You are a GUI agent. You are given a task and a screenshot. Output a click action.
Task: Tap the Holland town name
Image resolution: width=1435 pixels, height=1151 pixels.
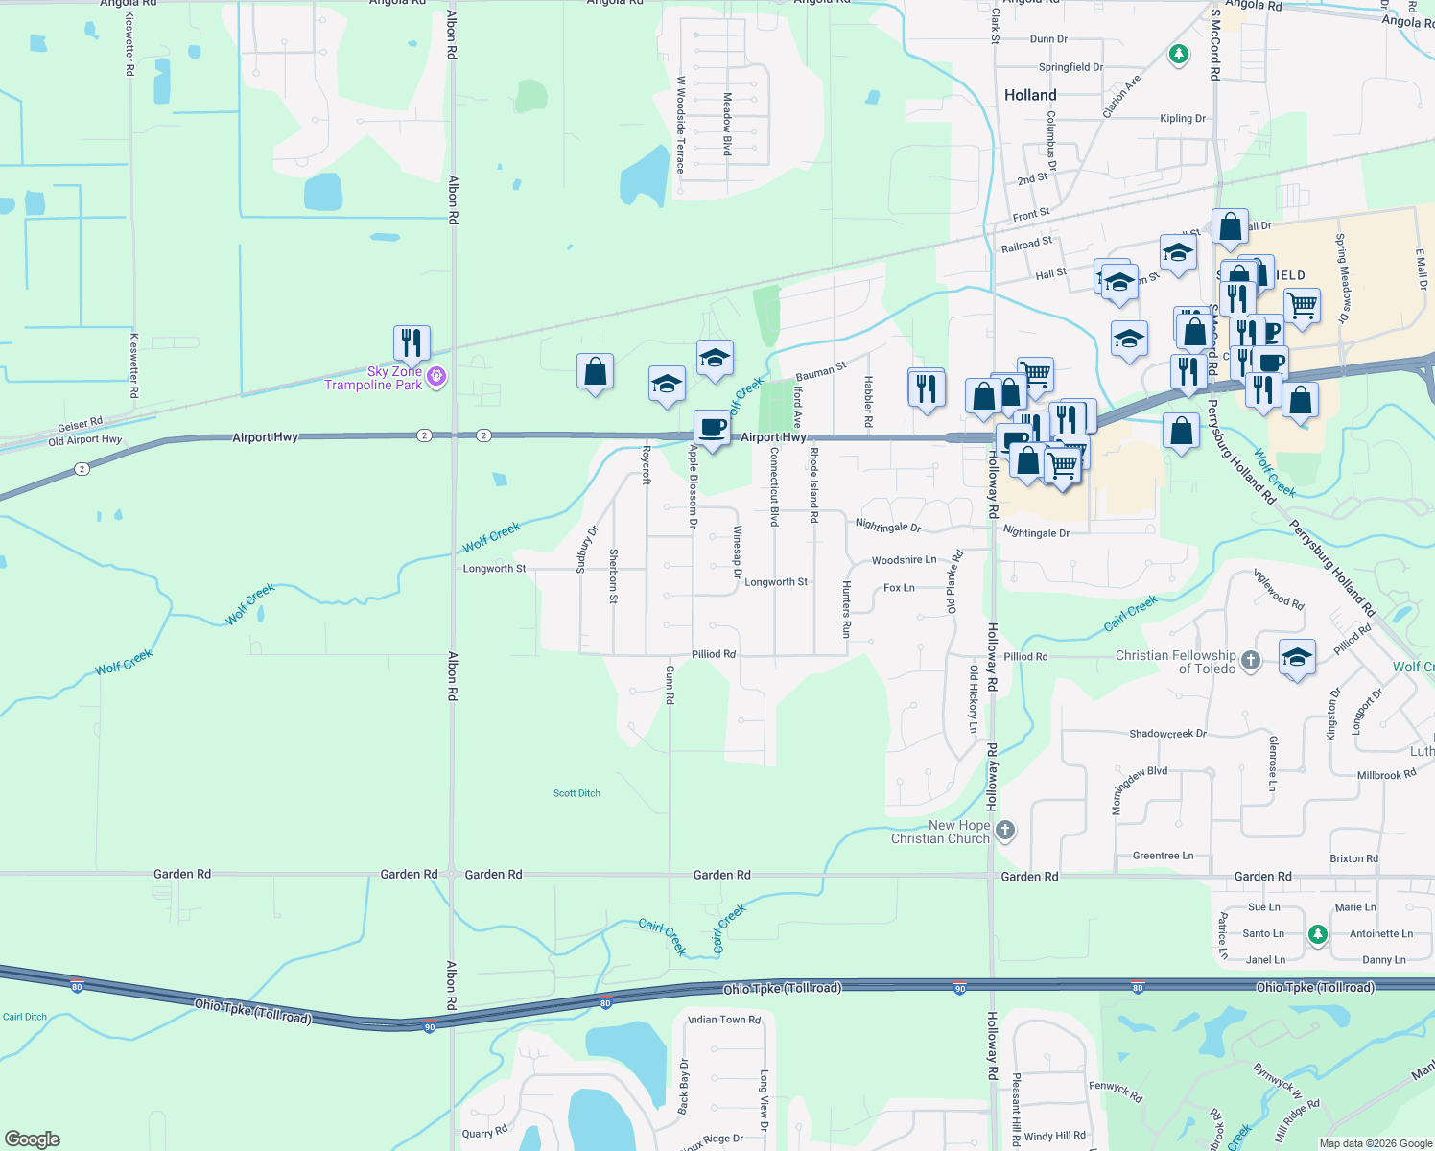[x=1030, y=95]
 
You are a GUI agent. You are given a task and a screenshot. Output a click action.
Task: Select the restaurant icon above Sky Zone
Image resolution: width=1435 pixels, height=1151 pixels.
[x=412, y=342]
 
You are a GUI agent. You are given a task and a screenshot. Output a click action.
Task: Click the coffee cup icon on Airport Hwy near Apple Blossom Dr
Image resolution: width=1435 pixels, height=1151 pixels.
[x=712, y=427]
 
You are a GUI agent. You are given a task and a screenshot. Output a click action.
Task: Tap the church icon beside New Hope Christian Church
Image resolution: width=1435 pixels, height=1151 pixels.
[x=1004, y=830]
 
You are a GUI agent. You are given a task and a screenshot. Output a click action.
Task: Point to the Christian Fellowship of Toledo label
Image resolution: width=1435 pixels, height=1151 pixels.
[x=1176, y=662]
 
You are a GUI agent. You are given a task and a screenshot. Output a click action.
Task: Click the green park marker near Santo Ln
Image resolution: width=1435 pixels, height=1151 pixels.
[x=1318, y=933]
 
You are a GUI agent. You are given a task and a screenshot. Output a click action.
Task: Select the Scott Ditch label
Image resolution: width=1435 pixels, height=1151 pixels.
[x=576, y=793]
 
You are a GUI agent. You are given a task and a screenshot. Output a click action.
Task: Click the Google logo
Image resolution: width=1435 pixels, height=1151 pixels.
[x=33, y=1139]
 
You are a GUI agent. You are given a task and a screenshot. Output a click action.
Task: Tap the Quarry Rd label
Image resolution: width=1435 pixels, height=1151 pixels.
[x=484, y=1132]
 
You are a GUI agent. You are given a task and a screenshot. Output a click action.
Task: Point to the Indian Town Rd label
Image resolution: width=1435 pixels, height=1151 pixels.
[x=724, y=1020]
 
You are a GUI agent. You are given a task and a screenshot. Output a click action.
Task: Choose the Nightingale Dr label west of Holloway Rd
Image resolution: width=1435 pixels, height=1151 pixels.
[x=887, y=526]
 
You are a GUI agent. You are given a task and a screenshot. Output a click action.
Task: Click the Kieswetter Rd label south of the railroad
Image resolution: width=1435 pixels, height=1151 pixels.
[x=133, y=365]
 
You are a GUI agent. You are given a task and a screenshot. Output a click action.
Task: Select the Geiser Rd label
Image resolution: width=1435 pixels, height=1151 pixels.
[x=80, y=424]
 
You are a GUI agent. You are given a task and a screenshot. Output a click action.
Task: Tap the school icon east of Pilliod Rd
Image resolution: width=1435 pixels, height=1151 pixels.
[x=1297, y=657]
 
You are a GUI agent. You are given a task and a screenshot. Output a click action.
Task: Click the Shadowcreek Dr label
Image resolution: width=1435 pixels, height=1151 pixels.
[x=1167, y=734]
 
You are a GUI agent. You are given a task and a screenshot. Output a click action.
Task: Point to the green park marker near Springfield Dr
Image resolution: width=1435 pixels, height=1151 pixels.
[x=1179, y=55]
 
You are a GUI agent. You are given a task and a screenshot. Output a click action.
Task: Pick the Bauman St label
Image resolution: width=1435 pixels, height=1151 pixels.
[x=821, y=370]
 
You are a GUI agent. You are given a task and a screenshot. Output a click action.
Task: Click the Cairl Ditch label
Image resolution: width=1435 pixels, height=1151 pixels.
[x=25, y=1017]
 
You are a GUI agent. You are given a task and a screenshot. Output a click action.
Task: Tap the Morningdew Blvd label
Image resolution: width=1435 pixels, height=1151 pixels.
[x=1139, y=789]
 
